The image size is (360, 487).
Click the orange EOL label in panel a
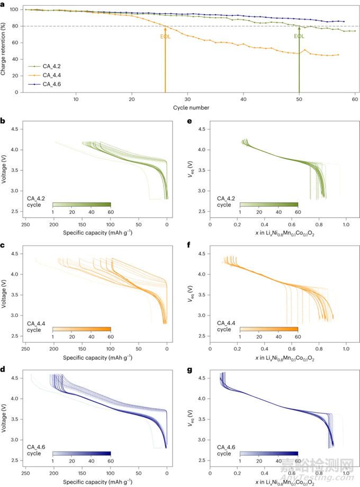pyautogui.click(x=165, y=37)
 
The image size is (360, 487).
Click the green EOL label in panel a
pyautogui.click(x=299, y=37)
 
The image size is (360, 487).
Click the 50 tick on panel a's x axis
pyautogui.click(x=299, y=99)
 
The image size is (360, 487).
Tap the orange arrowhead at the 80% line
pyautogui.click(x=165, y=29)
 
